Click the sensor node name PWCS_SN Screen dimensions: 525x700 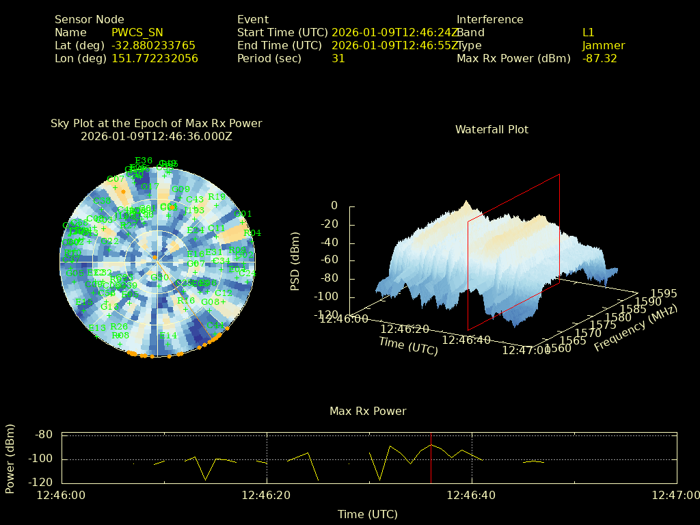(x=137, y=32)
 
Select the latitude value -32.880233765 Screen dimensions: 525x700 (x=154, y=45)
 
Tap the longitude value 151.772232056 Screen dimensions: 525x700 (x=155, y=58)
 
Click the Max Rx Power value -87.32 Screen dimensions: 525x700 (x=600, y=58)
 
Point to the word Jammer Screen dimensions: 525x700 (x=604, y=45)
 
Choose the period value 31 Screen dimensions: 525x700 (x=338, y=58)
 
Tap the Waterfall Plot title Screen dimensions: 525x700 (x=492, y=129)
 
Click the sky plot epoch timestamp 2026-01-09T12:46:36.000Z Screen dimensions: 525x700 (x=157, y=136)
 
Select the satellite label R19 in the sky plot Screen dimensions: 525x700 (x=217, y=196)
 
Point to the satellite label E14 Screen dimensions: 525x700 (x=168, y=336)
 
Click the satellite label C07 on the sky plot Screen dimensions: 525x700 (x=116, y=179)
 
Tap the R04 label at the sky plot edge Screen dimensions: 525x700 (x=253, y=233)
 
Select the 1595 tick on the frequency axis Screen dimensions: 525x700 (x=664, y=293)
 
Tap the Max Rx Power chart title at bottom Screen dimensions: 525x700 (x=368, y=411)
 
